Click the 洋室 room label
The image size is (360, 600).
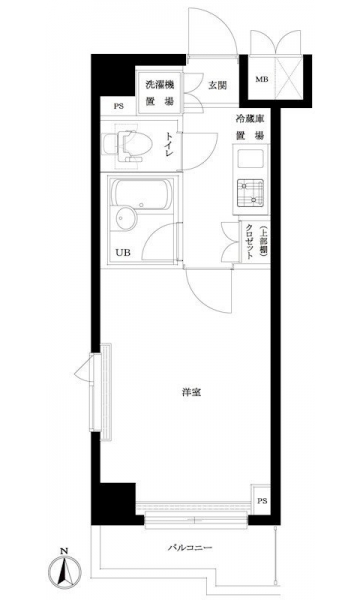(x=191, y=392)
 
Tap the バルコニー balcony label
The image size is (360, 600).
(x=190, y=548)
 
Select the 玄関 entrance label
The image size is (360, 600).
(x=217, y=85)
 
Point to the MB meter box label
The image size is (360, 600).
(x=262, y=80)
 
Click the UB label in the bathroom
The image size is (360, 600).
(x=123, y=253)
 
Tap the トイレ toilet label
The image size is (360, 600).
(x=169, y=144)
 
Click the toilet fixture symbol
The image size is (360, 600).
(x=129, y=145)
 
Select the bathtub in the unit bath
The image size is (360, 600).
(x=142, y=194)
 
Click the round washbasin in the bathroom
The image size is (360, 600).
(x=125, y=219)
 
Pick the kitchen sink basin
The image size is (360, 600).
(x=250, y=159)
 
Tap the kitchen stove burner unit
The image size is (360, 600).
(x=250, y=192)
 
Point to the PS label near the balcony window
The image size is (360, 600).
(x=262, y=501)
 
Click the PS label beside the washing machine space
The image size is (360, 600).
(x=119, y=107)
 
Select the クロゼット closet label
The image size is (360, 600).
(x=250, y=242)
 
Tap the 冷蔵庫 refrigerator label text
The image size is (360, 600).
(x=250, y=119)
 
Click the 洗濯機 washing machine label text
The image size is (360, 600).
(x=160, y=85)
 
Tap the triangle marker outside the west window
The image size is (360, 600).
(x=82, y=370)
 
